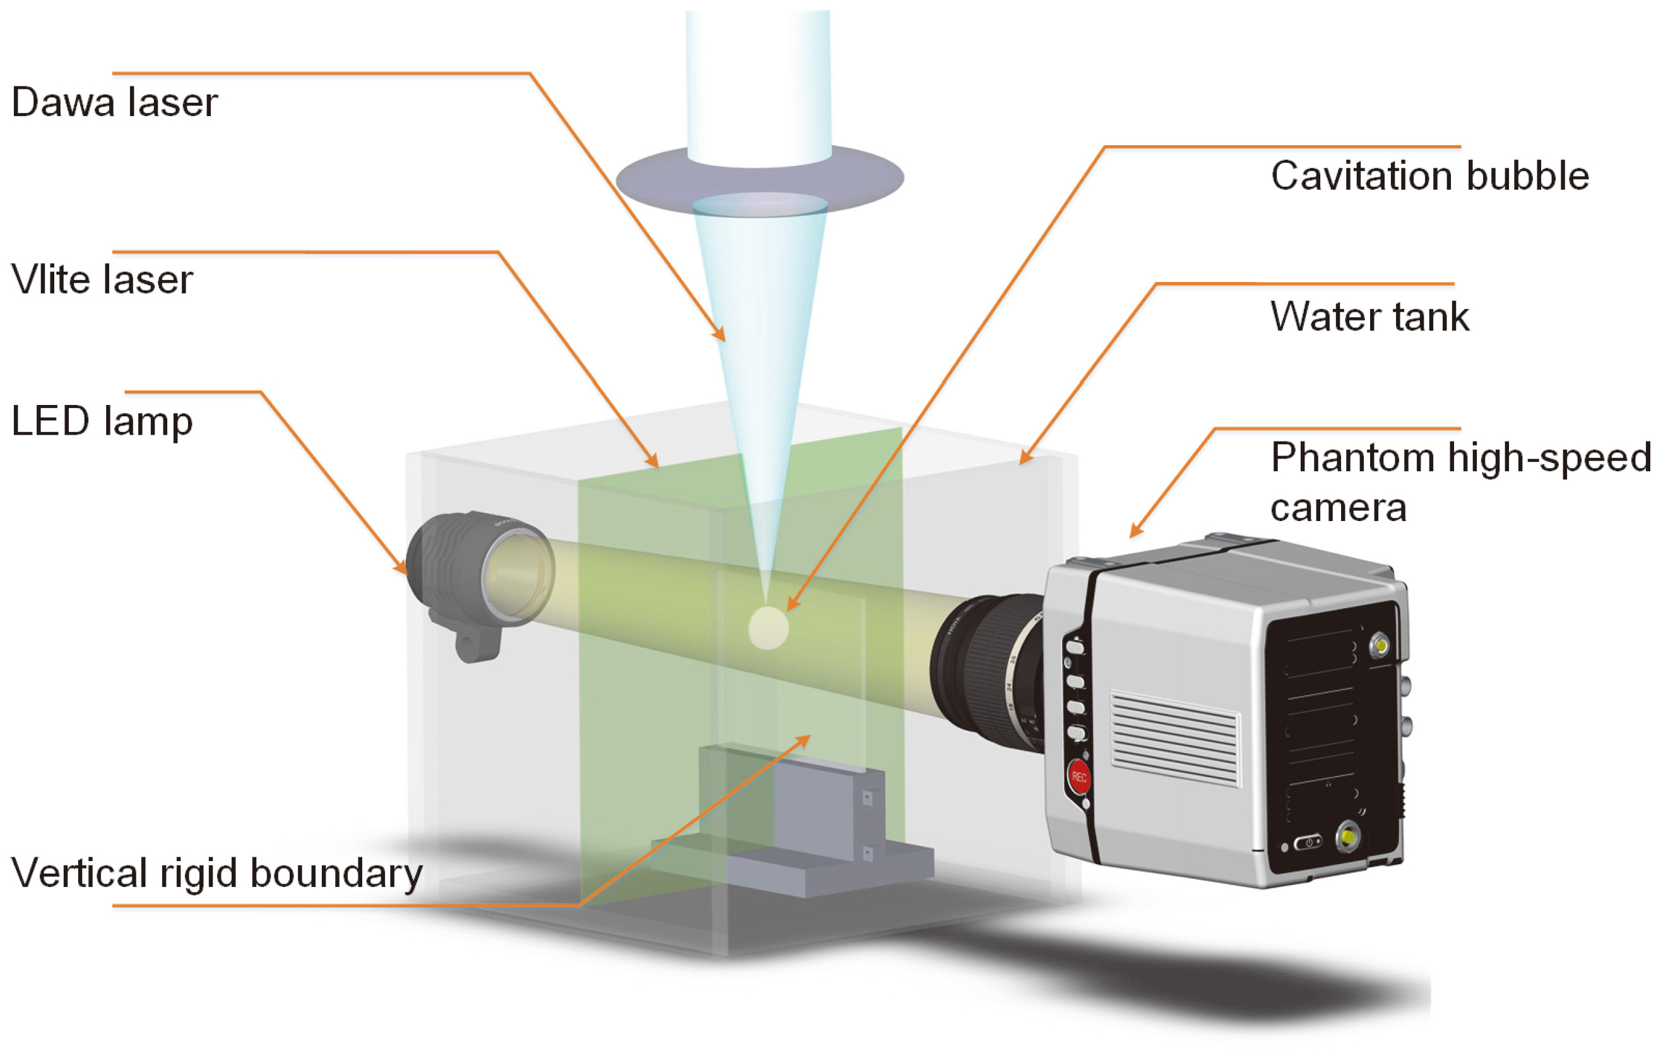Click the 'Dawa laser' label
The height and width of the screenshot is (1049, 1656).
[x=114, y=102]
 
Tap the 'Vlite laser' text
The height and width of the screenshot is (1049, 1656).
[x=102, y=280]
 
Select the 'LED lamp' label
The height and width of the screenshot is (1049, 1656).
[x=102, y=421]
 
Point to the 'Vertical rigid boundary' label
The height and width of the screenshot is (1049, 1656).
[x=216, y=873]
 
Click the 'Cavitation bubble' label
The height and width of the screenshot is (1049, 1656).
[x=1429, y=175]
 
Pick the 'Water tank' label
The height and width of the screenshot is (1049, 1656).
[x=1369, y=316]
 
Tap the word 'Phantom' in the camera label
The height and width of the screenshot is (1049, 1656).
[x=1351, y=457]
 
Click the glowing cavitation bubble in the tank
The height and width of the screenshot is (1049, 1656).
[x=767, y=628]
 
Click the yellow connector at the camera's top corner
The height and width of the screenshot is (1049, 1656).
[x=1379, y=646]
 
